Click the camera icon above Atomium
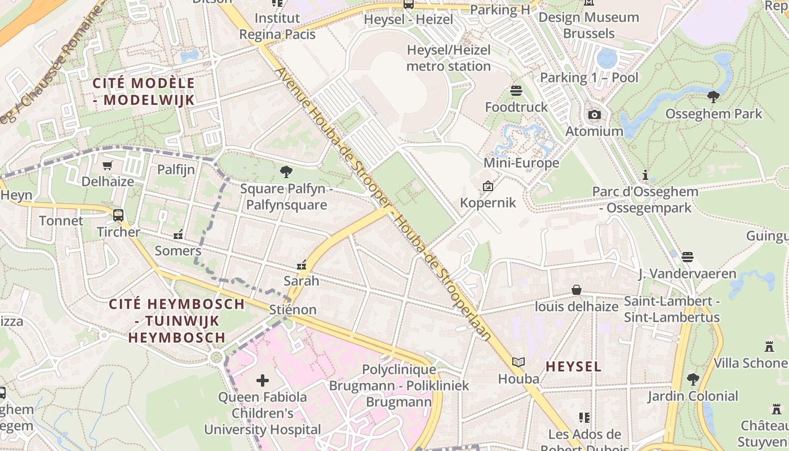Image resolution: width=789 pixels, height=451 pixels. click(594, 115)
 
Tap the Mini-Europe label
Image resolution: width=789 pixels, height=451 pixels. click(521, 163)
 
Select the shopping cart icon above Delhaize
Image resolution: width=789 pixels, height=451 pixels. click(107, 165)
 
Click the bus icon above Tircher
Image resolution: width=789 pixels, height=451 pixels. click(118, 215)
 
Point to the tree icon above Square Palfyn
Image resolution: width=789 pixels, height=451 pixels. click(286, 171)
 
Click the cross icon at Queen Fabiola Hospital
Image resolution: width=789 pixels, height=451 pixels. click(263, 381)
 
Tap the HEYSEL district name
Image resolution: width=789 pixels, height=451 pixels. click(573, 366)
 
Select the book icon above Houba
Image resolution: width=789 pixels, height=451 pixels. click(518, 362)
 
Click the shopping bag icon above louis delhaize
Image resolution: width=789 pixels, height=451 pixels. click(577, 290)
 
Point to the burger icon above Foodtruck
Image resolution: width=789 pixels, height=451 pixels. click(516, 90)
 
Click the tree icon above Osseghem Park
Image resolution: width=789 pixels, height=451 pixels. click(713, 96)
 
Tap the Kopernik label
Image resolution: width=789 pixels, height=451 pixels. click(488, 202)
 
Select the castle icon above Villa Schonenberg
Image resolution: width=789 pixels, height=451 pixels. click(769, 346)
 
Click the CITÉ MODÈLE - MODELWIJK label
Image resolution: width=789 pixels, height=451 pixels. click(143, 92)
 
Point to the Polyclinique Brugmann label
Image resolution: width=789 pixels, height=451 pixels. click(398, 386)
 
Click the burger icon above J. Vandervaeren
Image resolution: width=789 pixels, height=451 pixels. click(686, 257)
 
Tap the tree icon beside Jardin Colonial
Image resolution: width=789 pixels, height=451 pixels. click(693, 379)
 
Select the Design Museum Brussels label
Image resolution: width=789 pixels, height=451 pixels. click(588, 25)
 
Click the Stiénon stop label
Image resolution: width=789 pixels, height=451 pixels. click(292, 309)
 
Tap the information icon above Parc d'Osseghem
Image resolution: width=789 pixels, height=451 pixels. click(645, 175)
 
